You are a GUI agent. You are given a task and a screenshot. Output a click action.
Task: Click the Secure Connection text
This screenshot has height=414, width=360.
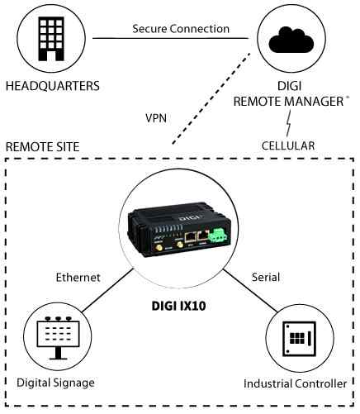181,29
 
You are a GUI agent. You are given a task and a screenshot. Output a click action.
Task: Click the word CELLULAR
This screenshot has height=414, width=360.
288,145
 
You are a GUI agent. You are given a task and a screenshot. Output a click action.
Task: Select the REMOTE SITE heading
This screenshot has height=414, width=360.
43,146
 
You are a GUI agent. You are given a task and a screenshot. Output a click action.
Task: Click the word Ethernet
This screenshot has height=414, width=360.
78,278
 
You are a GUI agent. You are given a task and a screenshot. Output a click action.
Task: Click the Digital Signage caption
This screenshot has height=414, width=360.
55,383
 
